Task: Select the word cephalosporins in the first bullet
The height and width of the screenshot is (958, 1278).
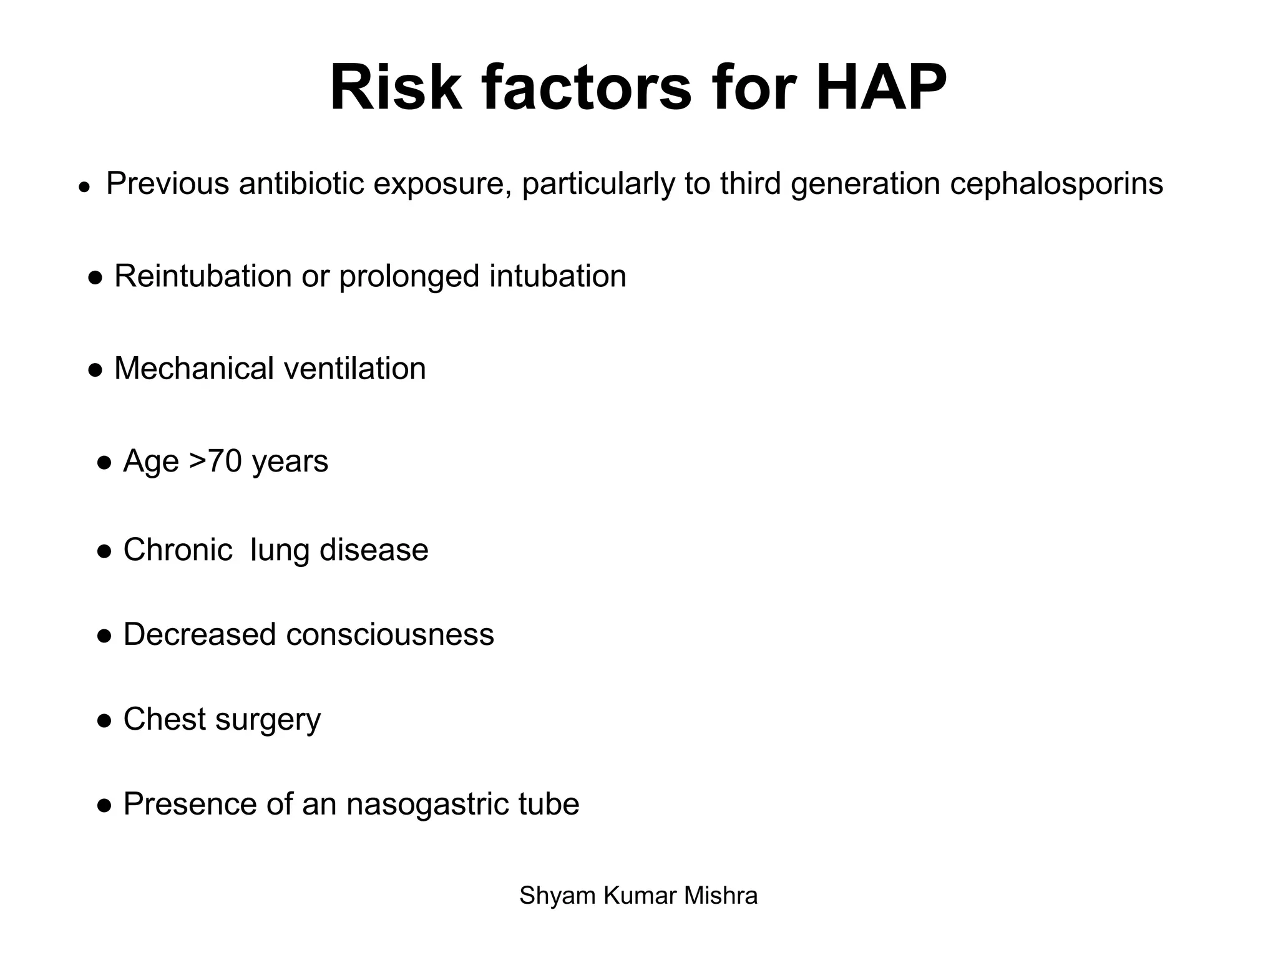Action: (x=1056, y=184)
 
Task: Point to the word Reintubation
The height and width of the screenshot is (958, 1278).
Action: (x=203, y=276)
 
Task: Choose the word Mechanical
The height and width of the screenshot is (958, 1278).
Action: (x=194, y=369)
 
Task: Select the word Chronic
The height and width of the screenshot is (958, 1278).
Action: (x=177, y=550)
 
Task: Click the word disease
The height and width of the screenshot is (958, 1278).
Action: (x=374, y=550)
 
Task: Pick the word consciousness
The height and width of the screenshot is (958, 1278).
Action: (x=390, y=635)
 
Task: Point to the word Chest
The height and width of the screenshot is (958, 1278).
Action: (x=164, y=719)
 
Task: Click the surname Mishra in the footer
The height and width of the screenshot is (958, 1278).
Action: (x=721, y=896)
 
